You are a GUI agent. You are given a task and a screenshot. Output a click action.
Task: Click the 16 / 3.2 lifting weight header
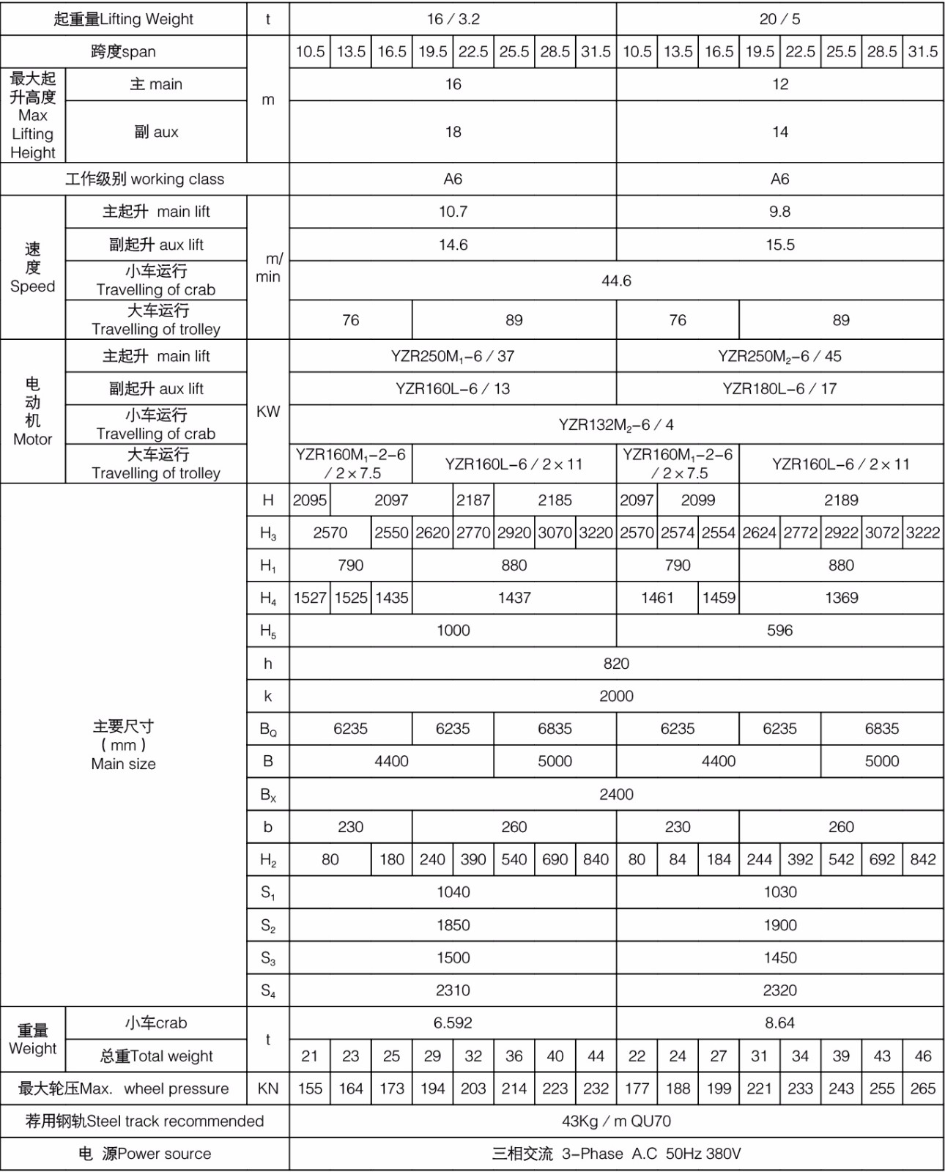[x=453, y=19]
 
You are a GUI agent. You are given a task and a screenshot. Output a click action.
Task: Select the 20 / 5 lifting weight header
[x=779, y=19]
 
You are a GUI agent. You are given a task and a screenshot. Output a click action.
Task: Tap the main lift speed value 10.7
[x=453, y=212]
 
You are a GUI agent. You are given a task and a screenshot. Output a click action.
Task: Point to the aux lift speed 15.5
[x=779, y=245]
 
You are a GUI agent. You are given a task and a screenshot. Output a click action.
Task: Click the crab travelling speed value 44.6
[x=616, y=281]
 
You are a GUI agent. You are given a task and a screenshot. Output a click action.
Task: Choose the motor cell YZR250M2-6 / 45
[x=779, y=357]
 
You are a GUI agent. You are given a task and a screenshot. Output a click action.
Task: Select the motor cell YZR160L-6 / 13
[x=453, y=389]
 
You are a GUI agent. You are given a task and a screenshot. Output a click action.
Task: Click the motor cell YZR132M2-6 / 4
[x=616, y=425]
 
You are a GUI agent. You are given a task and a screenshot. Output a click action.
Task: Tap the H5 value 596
[x=779, y=631]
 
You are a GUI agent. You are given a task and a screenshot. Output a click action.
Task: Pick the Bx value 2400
[x=616, y=794]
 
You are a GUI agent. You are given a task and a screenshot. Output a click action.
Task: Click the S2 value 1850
[x=453, y=925]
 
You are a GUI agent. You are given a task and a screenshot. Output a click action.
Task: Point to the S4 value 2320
[x=779, y=990]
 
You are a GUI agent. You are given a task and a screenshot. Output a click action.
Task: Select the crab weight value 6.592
[x=453, y=1023]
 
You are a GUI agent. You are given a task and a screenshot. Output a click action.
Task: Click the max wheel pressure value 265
[x=922, y=1088]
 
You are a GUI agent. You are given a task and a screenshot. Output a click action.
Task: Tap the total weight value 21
[x=310, y=1056]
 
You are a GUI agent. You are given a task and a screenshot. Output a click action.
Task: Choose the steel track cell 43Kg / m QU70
[x=616, y=1121]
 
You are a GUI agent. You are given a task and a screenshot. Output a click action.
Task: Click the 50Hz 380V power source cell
[x=616, y=1154]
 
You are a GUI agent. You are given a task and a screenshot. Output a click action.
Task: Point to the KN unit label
[x=268, y=1088]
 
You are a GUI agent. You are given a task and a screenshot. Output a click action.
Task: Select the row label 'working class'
[x=145, y=179]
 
